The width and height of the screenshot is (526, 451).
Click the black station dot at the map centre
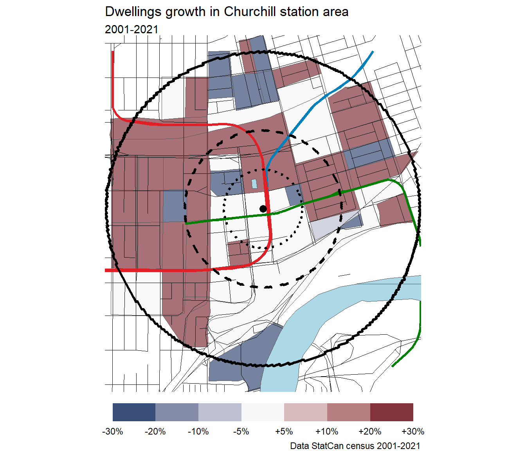pos(263,209)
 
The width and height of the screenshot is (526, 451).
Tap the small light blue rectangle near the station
pos(254,184)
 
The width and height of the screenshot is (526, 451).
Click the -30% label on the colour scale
pos(113,431)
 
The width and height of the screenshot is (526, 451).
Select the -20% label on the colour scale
pos(155,431)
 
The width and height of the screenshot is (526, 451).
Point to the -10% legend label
pos(198,431)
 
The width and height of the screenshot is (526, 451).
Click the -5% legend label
pos(241,431)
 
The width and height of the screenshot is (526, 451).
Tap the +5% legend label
pos(284,431)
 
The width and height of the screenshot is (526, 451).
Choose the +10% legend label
pos(327,431)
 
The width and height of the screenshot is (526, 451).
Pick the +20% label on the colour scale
pos(370,431)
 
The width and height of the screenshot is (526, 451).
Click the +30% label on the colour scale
pos(413,431)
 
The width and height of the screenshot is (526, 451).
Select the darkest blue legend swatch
pos(134,412)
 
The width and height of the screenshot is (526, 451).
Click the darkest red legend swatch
pos(392,412)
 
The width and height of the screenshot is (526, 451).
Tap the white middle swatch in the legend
pos(263,412)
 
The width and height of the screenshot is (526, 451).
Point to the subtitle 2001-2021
pos(131,29)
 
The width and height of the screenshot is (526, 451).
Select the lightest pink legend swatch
pos(306,412)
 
